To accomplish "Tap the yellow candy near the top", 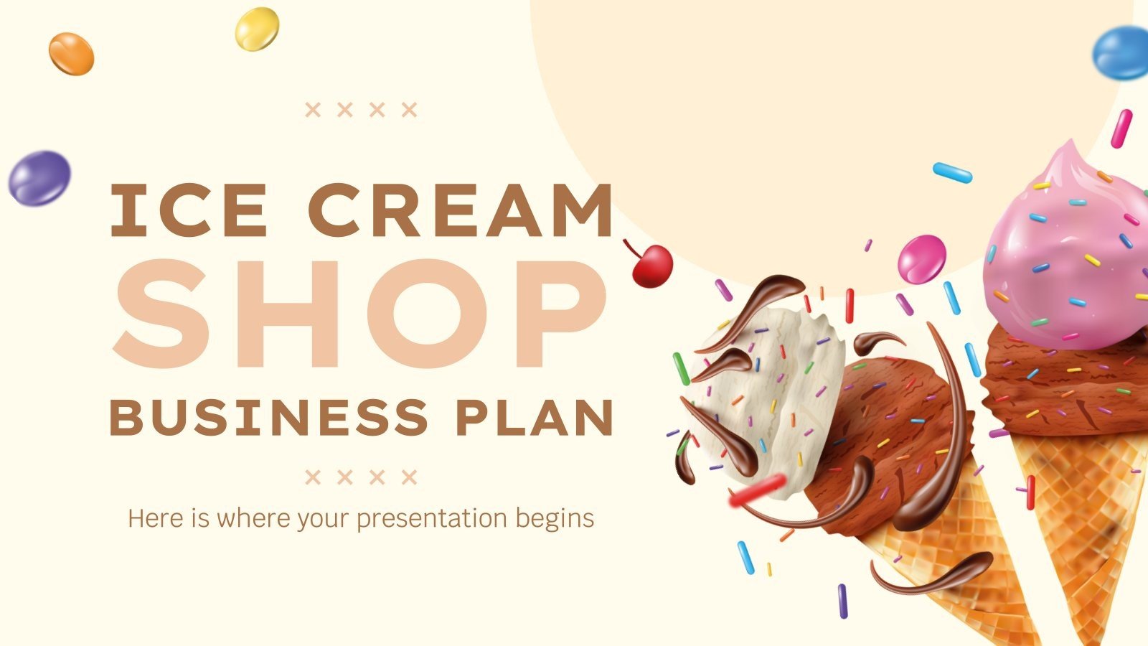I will pyautogui.click(x=257, y=29).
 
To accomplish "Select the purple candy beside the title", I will pyautogui.click(x=39, y=178).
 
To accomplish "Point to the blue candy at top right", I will pyautogui.click(x=1121, y=53).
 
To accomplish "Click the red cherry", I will pyautogui.click(x=651, y=266).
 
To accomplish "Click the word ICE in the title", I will pyautogui.click(x=188, y=211).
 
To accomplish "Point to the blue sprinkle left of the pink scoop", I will pyautogui.click(x=952, y=172).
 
